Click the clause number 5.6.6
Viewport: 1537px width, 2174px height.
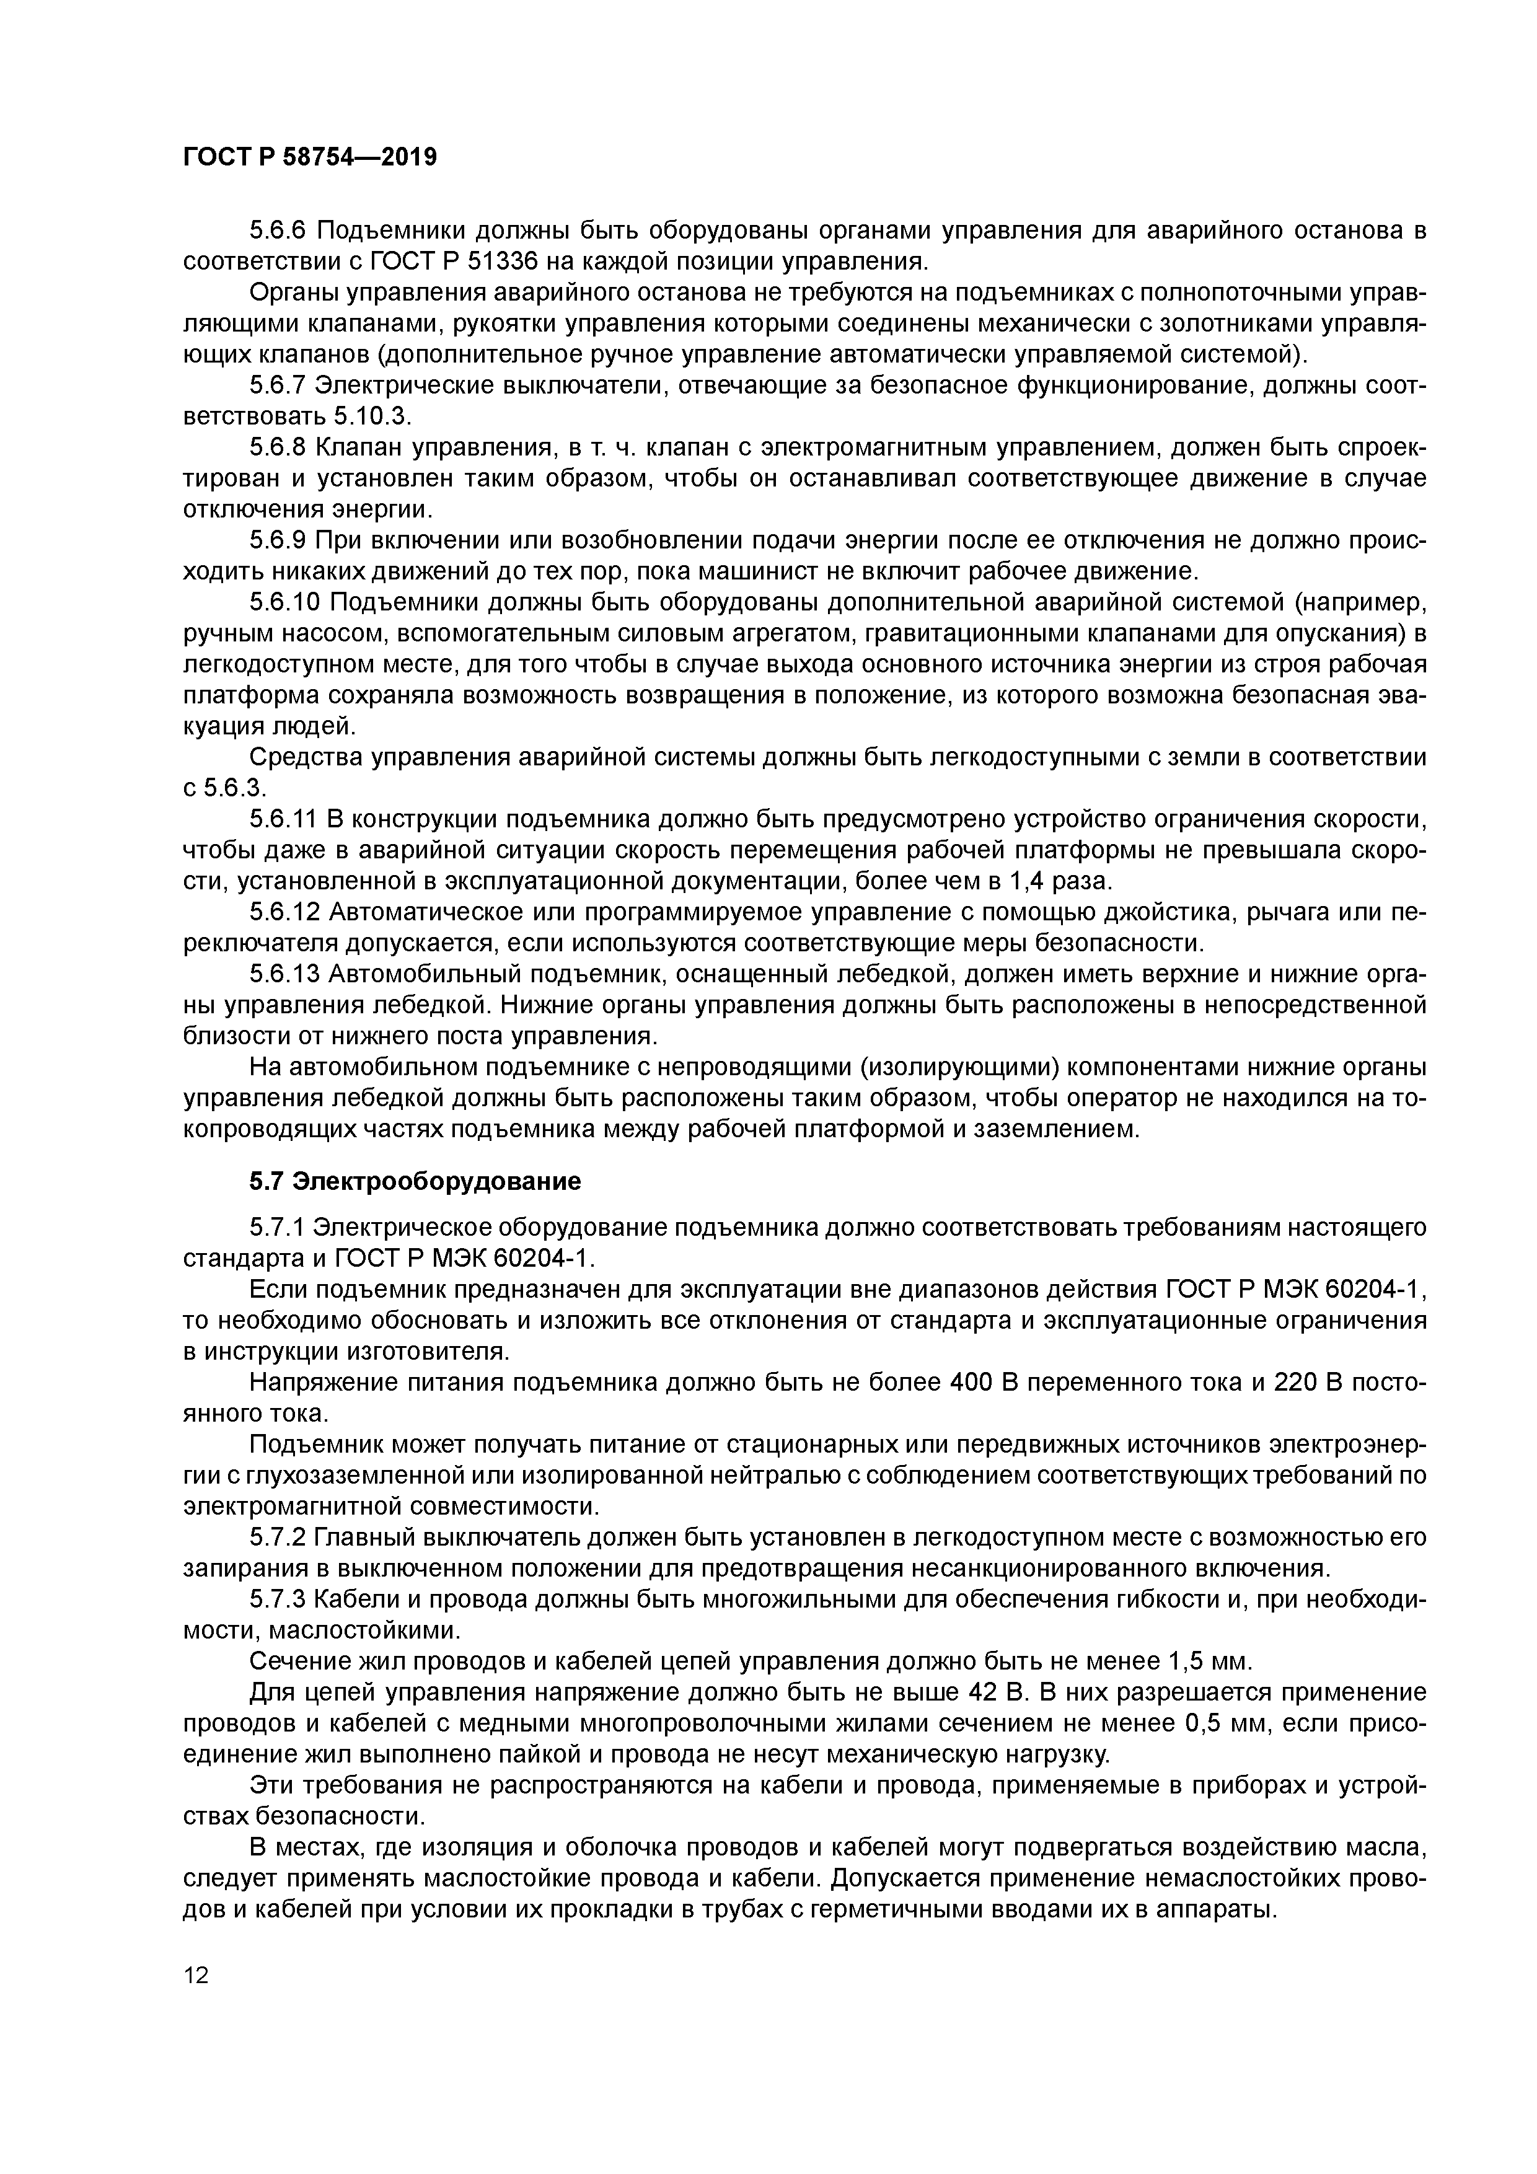click(x=278, y=230)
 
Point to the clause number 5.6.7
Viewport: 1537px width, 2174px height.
click(x=278, y=385)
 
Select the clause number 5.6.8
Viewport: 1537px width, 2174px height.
click(x=278, y=447)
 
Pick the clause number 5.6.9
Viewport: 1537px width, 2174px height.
click(x=278, y=540)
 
